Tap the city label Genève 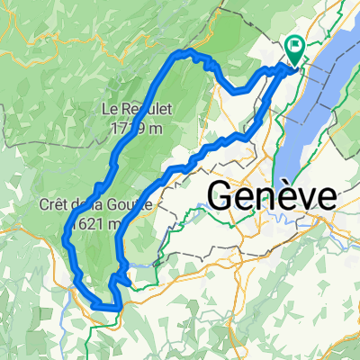pos(272,194)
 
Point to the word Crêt pos(56,203)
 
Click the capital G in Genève pos(221,194)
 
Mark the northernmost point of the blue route pos(189,53)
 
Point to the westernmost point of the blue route pos(65,238)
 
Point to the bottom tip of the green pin pos(294,62)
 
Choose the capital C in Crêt pos(44,203)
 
